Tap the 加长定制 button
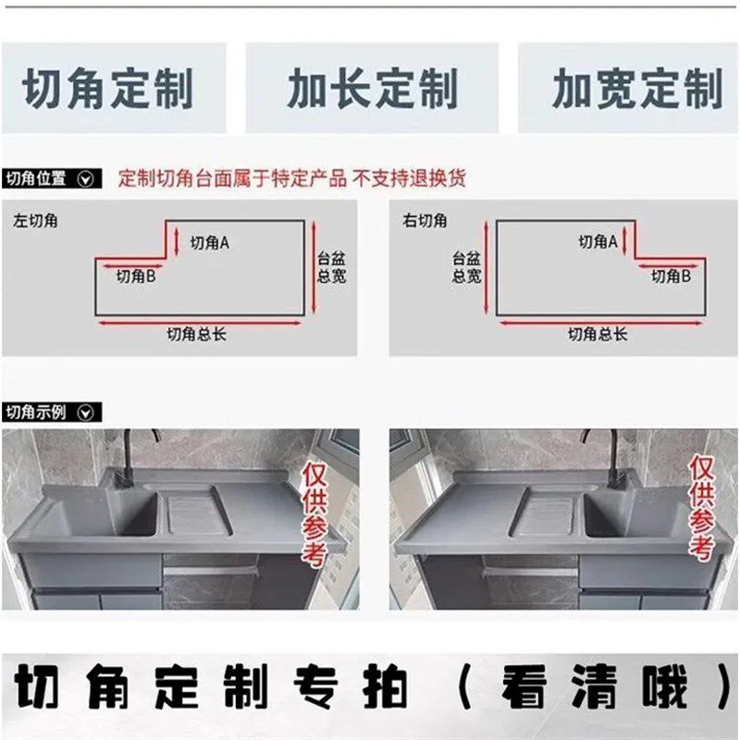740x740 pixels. click(372, 90)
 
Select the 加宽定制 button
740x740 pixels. click(635, 90)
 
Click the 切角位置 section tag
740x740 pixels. click(50, 179)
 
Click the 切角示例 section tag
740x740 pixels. click(50, 413)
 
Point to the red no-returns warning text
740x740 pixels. click(292, 179)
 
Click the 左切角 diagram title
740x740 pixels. click(35, 220)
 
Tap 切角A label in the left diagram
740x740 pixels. click(210, 242)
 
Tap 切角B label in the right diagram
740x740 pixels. click(672, 276)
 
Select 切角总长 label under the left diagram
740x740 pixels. click(196, 335)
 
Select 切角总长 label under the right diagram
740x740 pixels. click(598, 335)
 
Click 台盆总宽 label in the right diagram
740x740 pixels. click(466, 268)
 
